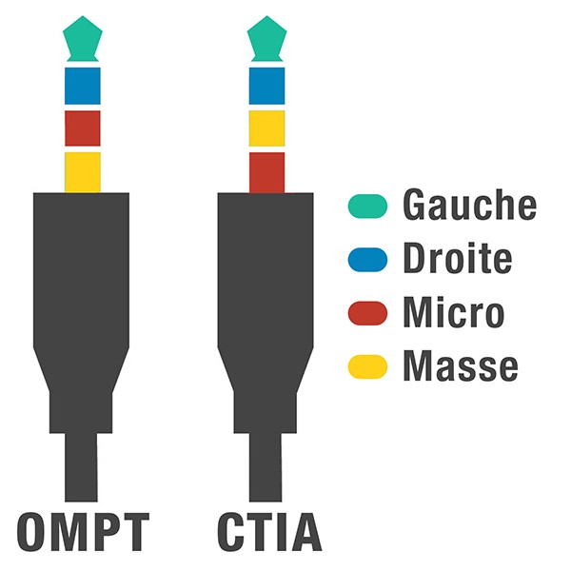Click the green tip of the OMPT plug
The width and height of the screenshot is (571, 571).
pyautogui.click(x=82, y=39)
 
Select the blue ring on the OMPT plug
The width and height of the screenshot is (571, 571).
pyautogui.click(x=82, y=86)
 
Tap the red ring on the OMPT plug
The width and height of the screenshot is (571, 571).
pyautogui.click(x=82, y=128)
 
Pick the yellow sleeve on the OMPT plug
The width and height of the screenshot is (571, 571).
pyautogui.click(x=82, y=171)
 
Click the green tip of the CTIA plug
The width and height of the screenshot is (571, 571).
pyautogui.click(x=266, y=39)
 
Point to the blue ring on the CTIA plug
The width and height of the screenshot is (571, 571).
pyautogui.click(x=266, y=86)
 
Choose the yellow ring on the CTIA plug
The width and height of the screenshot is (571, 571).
pyautogui.click(x=266, y=128)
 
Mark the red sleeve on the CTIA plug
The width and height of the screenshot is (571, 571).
pyautogui.click(x=266, y=171)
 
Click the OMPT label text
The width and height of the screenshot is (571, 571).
pyautogui.click(x=84, y=532)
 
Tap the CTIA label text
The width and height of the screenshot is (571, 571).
pyautogui.click(x=266, y=532)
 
